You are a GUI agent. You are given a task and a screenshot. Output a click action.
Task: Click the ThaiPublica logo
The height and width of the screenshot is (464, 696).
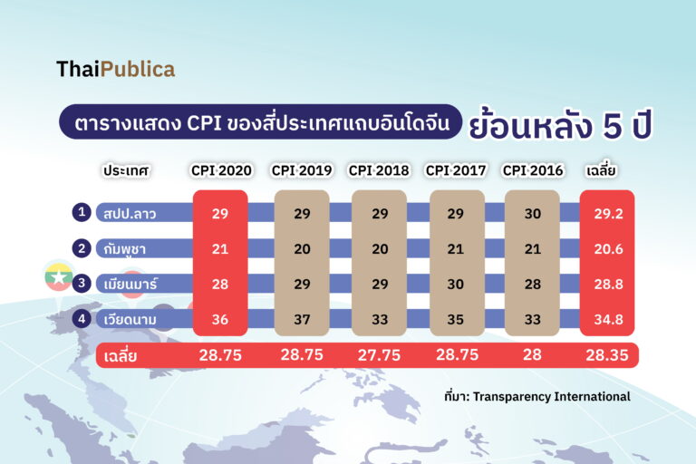115,69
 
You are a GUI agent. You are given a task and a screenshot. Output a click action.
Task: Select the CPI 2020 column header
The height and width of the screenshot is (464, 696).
221,170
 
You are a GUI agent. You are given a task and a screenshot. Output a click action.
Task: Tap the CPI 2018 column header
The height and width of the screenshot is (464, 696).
379,170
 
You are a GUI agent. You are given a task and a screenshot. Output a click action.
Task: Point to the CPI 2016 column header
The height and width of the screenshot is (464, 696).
533,170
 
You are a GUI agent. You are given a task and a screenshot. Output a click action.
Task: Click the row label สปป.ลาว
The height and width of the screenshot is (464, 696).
130,214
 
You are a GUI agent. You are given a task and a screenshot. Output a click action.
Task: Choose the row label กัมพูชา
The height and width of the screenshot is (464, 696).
125,249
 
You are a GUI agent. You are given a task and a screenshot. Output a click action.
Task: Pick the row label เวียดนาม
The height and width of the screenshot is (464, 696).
130,319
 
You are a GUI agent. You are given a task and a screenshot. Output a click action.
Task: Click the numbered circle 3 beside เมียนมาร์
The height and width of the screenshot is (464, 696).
82,283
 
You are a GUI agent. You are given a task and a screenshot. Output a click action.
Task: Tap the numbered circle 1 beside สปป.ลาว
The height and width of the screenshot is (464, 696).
82,212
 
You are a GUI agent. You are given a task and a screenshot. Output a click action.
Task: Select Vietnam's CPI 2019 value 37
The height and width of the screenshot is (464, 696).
302,319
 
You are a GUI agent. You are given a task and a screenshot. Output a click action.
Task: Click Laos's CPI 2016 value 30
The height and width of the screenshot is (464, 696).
533,214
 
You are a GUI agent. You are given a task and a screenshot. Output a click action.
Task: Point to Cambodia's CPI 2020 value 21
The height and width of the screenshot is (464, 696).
219,249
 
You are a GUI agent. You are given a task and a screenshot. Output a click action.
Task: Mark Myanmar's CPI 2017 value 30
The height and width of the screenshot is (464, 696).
456,285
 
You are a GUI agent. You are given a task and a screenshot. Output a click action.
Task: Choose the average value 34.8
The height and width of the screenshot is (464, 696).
609,319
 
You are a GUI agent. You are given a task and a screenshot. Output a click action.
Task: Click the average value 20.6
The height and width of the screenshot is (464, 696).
609,249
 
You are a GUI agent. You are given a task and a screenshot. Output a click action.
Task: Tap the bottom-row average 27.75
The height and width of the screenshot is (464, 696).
379,355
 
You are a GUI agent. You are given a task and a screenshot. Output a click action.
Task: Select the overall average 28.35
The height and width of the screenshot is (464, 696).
607,355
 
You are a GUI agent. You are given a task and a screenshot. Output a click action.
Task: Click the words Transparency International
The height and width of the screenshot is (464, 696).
551,397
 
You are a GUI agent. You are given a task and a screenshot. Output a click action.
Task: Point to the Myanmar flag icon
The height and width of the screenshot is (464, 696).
59,277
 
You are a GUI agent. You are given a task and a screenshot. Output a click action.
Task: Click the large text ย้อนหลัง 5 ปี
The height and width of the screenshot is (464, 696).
560,126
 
